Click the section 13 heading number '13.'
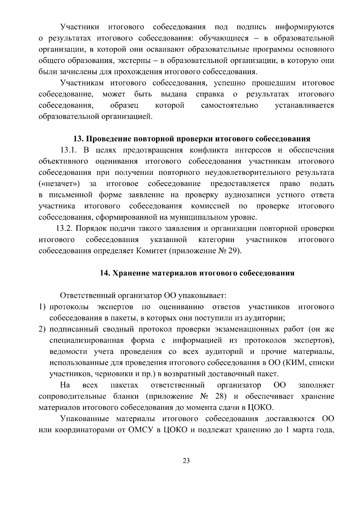(79, 139)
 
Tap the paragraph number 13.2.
(64, 229)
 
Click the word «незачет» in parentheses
(59, 184)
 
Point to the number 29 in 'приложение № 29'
(234, 251)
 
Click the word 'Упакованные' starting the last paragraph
(84, 419)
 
